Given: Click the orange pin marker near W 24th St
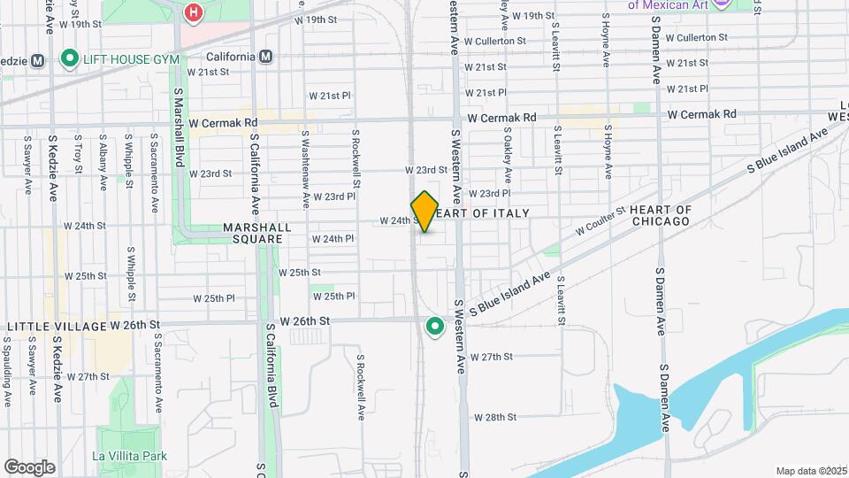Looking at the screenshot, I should [425, 211].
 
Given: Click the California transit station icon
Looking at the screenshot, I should [268, 57].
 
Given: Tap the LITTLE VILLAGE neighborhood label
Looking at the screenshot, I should [57, 326].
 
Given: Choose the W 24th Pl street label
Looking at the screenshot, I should [333, 239].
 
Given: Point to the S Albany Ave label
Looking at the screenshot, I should [103, 161].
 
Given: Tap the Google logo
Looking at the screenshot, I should [29, 467].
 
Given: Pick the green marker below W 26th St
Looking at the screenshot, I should [434, 327].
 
